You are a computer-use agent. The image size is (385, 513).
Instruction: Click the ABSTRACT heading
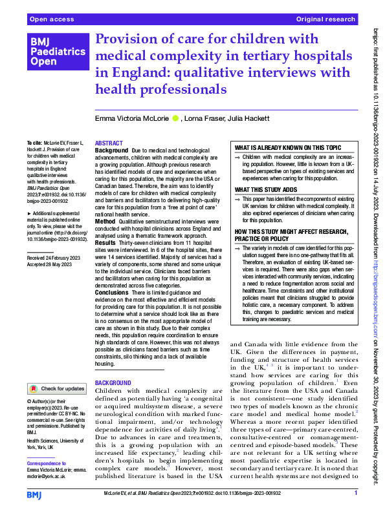click(x=107, y=143)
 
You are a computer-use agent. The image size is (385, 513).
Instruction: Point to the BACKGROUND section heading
click(x=114, y=383)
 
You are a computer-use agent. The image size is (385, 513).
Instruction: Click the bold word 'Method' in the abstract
click(x=105, y=221)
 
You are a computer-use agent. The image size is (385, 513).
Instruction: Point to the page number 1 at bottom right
click(x=356, y=494)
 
